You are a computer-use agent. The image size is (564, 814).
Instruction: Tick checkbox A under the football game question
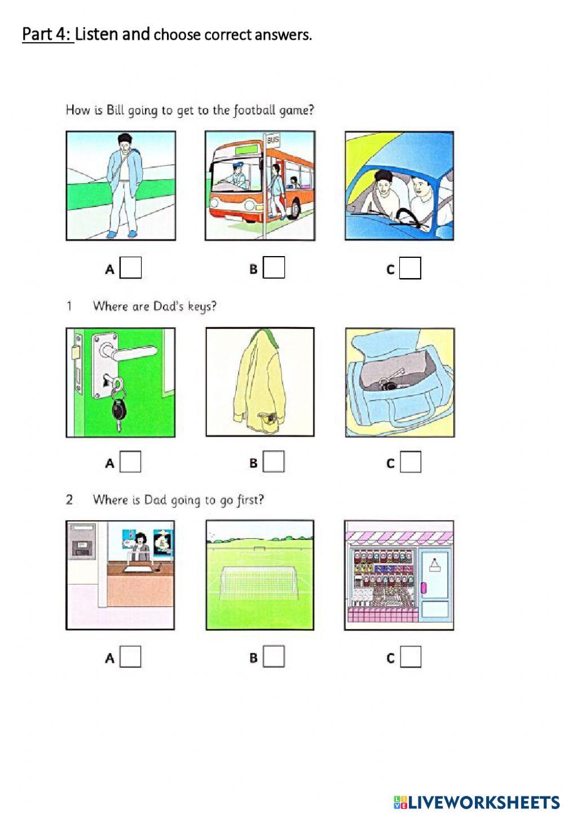[x=131, y=268]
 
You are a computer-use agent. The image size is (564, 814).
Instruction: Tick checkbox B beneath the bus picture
[x=274, y=268]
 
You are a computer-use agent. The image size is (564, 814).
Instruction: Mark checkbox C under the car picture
[x=410, y=269]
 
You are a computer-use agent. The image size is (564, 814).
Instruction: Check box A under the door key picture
[x=131, y=462]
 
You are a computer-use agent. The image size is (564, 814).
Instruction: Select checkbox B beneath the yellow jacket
[x=274, y=462]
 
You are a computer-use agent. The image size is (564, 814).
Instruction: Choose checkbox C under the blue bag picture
[x=411, y=463]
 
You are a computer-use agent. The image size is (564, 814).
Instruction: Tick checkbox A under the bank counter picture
[x=131, y=657]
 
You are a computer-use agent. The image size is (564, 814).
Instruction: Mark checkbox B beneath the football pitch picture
[x=274, y=657]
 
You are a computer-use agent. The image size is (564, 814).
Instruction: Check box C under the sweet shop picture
[x=411, y=657]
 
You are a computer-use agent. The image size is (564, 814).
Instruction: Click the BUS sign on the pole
[x=273, y=139]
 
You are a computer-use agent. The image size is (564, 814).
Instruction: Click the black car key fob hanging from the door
[x=118, y=410]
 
